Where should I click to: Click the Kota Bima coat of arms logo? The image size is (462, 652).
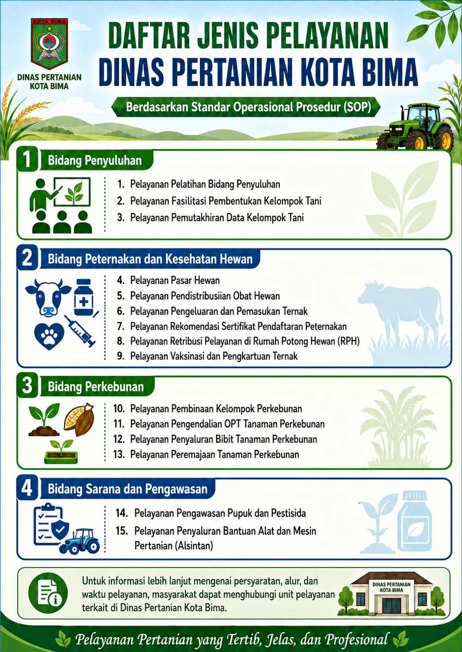coord(49,44)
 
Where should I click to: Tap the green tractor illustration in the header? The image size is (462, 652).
coord(415,127)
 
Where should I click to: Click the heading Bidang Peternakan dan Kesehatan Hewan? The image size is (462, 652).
coord(150,259)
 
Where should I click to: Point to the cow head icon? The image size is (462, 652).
coord(48,297)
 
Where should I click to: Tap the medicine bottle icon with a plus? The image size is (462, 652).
coord(84,297)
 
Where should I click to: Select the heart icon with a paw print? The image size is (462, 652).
coord(49,336)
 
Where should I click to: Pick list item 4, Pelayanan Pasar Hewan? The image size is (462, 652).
coord(168,280)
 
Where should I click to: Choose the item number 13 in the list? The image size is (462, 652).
coord(119,454)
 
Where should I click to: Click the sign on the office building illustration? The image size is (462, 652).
coord(391,587)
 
